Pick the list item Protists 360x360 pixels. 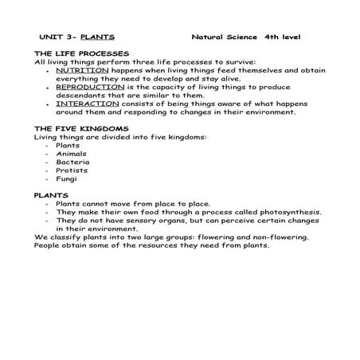[x=72, y=170]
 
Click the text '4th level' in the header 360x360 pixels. [x=283, y=37]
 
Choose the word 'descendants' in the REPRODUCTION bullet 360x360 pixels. [x=84, y=95]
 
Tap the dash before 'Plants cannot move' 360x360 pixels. [x=49, y=204]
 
